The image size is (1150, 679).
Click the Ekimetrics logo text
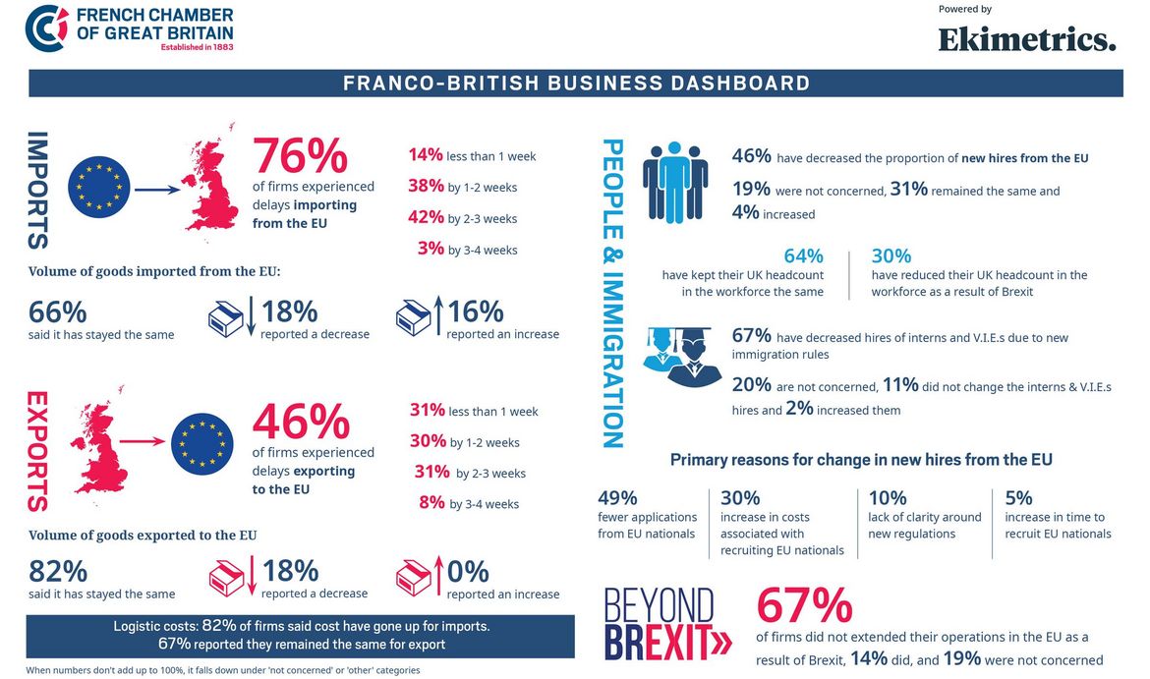[1027, 39]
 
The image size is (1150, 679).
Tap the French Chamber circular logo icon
[46, 28]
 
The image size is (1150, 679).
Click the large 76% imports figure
[300, 155]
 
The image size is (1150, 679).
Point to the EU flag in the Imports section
[99, 187]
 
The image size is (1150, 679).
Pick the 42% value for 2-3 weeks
[427, 218]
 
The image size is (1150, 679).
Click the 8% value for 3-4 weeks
[431, 503]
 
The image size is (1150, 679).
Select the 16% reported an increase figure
[476, 311]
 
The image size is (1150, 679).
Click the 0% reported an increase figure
[468, 571]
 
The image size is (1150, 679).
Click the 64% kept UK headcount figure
[803, 256]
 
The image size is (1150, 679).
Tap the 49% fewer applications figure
[617, 497]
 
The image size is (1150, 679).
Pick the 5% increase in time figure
[1018, 497]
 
